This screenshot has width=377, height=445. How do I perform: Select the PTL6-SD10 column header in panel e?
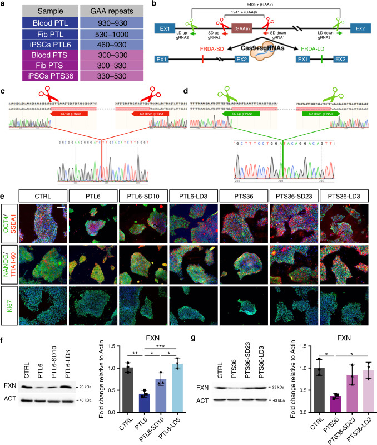point(144,196)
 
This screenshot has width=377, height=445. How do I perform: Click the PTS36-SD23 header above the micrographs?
point(296,196)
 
